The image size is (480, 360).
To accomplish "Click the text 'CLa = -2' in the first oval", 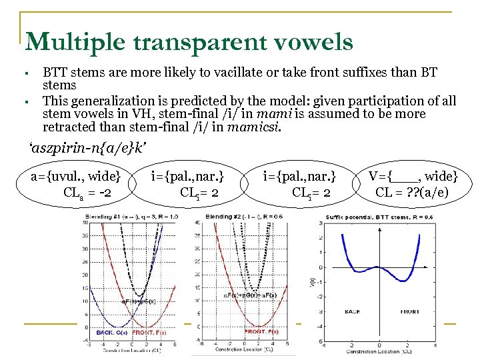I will (87, 193).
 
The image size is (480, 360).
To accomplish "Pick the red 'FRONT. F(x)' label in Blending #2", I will (264, 331).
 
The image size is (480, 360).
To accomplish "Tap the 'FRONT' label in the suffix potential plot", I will (409, 311).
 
